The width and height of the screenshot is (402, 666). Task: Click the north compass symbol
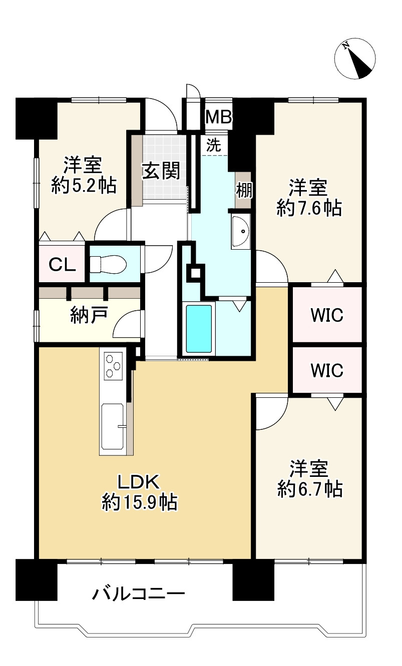[x=355, y=59]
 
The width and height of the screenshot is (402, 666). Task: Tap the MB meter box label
[x=219, y=117]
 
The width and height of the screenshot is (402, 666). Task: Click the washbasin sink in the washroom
[x=241, y=231]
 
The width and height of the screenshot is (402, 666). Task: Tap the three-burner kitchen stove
[x=114, y=366]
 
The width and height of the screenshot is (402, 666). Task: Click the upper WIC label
[x=326, y=315]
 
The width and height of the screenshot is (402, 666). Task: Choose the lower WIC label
[x=326, y=370]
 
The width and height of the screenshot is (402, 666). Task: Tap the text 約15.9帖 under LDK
[x=140, y=502]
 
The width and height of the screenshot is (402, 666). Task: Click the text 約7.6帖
[x=309, y=208]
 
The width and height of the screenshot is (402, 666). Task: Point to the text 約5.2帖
[x=84, y=186]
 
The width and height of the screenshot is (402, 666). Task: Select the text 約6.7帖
[x=310, y=488]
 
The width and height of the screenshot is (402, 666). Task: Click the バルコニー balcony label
[x=139, y=594]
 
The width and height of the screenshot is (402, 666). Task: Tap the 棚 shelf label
[x=244, y=190]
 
